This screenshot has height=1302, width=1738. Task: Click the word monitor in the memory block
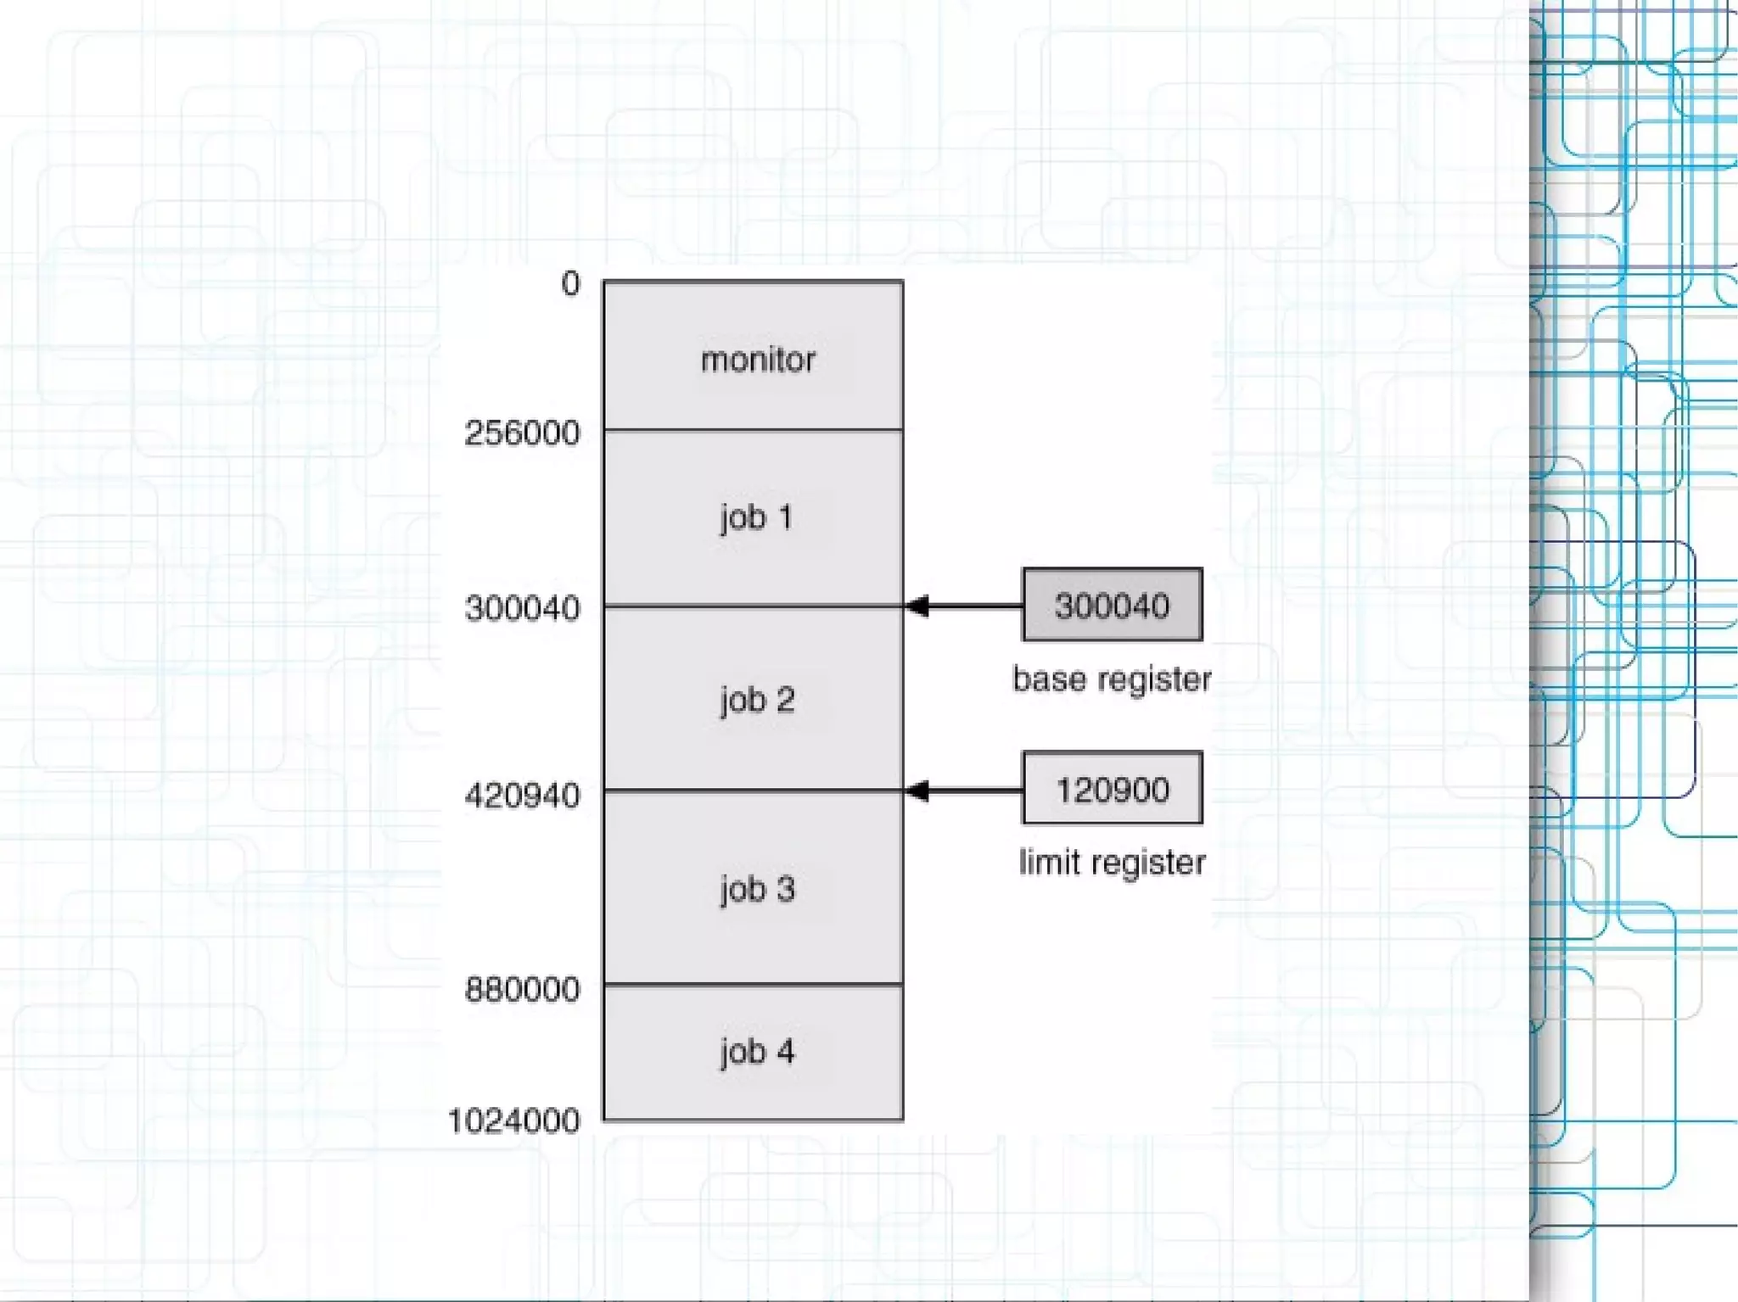click(758, 360)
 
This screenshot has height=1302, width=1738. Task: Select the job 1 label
click(756, 517)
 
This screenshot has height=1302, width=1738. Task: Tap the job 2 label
click(757, 701)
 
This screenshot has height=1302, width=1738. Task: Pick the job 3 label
click(757, 890)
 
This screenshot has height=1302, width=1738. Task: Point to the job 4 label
click(757, 1052)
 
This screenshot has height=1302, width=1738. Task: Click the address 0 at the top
click(570, 284)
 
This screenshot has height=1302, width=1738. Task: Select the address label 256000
click(522, 433)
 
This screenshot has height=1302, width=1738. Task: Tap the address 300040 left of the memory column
click(522, 608)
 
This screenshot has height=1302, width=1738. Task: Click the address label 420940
click(522, 796)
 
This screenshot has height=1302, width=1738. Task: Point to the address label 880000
click(522, 989)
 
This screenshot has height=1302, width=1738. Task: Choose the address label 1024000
click(513, 1121)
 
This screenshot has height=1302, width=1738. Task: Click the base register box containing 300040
click(1112, 606)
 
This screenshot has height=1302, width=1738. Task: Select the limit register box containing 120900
click(1112, 790)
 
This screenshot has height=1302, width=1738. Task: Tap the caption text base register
click(1112, 679)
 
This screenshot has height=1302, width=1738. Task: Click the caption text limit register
click(1112, 863)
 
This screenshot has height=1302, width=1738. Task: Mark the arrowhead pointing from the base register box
click(917, 606)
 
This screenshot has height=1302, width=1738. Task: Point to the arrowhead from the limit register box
click(917, 791)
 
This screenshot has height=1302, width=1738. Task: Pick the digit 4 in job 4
click(786, 1052)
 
